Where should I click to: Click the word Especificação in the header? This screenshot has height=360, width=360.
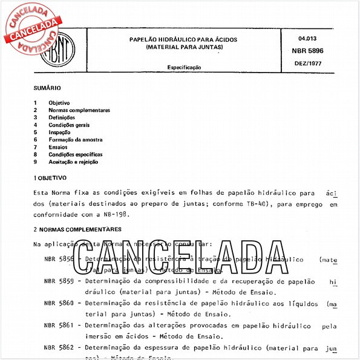pyautogui.click(x=184, y=68)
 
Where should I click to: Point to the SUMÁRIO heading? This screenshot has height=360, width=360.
pyautogui.click(x=47, y=88)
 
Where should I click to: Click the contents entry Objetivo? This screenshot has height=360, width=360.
pyautogui.click(x=59, y=103)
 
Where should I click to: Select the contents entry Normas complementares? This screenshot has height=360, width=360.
pyautogui.click(x=79, y=110)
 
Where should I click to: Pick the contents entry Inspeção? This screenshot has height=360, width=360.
pyautogui.click(x=59, y=132)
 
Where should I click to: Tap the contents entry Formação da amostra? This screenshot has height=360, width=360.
pyautogui.click(x=76, y=139)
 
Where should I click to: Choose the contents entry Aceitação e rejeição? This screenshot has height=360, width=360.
pyautogui.click(x=73, y=162)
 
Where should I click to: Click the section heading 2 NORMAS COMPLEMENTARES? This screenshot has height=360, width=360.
pyautogui.click(x=77, y=229)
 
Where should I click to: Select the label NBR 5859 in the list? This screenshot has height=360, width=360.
pyautogui.click(x=59, y=281)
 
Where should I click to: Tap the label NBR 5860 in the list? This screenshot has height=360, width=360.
pyautogui.click(x=59, y=303)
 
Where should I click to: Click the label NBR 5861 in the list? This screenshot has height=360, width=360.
pyautogui.click(x=59, y=325)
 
